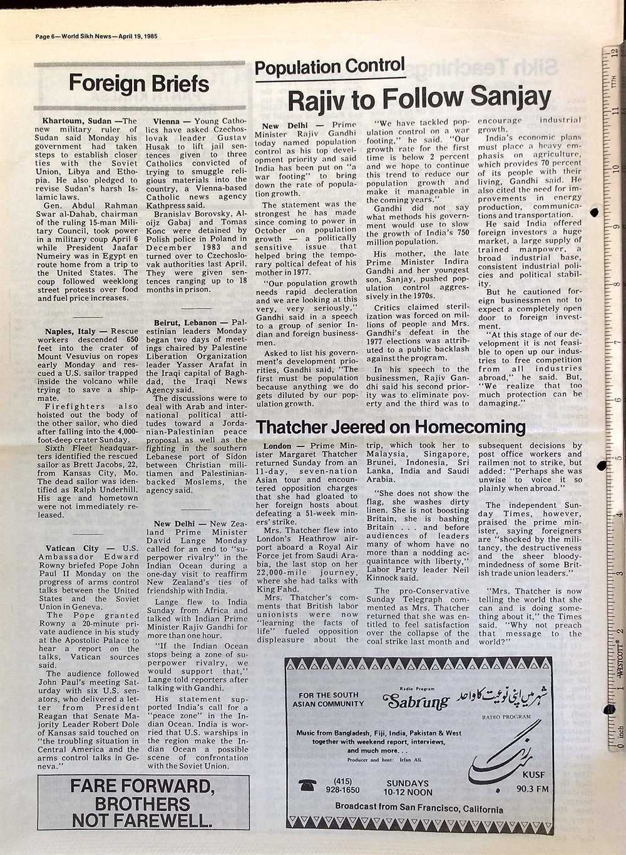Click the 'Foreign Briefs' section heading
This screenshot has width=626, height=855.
139,83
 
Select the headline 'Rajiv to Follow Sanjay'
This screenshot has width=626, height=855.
419,98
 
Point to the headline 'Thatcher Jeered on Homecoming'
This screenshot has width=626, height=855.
391,427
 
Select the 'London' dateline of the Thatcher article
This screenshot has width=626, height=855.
277,445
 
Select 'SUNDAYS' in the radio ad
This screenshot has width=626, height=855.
408,783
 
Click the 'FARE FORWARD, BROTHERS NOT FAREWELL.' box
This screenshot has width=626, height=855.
139,803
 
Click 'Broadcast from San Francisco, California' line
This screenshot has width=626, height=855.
419,809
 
